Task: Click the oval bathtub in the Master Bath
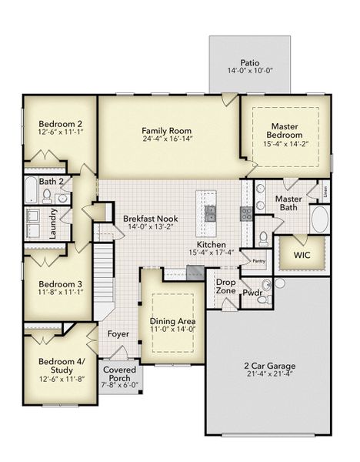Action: (319, 219)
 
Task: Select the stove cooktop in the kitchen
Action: (246, 213)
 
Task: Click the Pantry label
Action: (258, 261)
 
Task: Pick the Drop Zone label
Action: (225, 287)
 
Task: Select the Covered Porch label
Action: (119, 374)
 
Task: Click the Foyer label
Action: (118, 334)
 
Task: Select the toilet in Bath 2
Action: (47, 196)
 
